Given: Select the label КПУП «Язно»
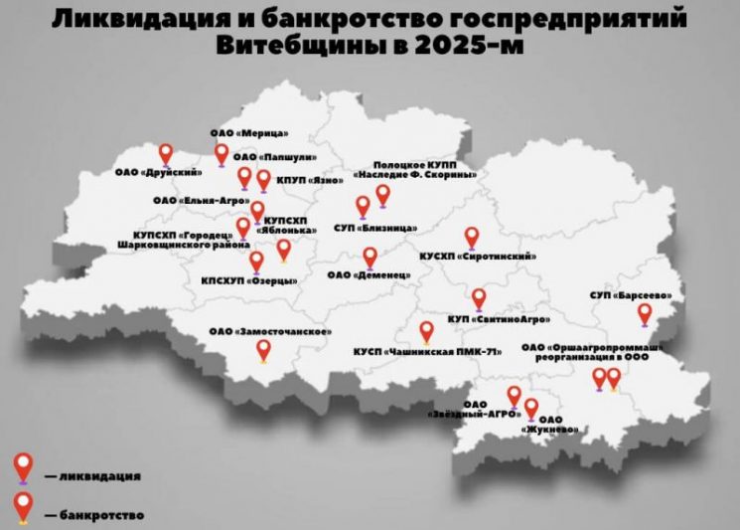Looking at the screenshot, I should click(313, 180).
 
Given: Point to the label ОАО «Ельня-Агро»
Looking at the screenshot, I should click(193, 200).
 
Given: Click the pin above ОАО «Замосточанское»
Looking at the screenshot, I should click(263, 350).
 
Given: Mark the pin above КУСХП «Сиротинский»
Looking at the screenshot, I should click(472, 237).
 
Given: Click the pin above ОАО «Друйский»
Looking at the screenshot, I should click(166, 153).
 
